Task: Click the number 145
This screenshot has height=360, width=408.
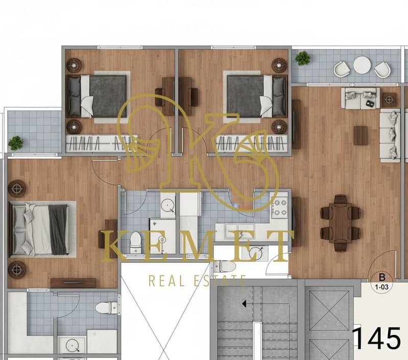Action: (x=376, y=338)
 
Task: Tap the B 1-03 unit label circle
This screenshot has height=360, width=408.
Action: (x=382, y=282)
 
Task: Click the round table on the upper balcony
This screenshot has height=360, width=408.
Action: (x=362, y=65)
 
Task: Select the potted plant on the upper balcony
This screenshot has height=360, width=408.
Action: (x=303, y=58)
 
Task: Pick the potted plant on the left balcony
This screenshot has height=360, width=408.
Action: (x=16, y=143)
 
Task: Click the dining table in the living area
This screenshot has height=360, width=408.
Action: (x=340, y=223)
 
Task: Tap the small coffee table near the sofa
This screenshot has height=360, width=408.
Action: (x=361, y=135)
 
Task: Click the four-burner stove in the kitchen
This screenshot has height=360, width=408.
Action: (x=279, y=207)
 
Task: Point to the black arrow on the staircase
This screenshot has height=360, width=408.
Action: (x=244, y=303)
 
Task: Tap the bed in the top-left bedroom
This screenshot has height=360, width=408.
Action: (x=98, y=96)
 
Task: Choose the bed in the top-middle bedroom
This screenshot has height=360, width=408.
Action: (x=256, y=96)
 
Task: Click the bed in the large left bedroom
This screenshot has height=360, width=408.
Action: (x=39, y=229)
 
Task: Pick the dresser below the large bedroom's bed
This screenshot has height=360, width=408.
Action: (x=73, y=283)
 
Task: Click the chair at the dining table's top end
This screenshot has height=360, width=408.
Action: (x=341, y=199)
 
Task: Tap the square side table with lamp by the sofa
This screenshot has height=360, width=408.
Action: (x=389, y=100)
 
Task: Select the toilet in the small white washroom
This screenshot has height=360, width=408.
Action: (x=225, y=267)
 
